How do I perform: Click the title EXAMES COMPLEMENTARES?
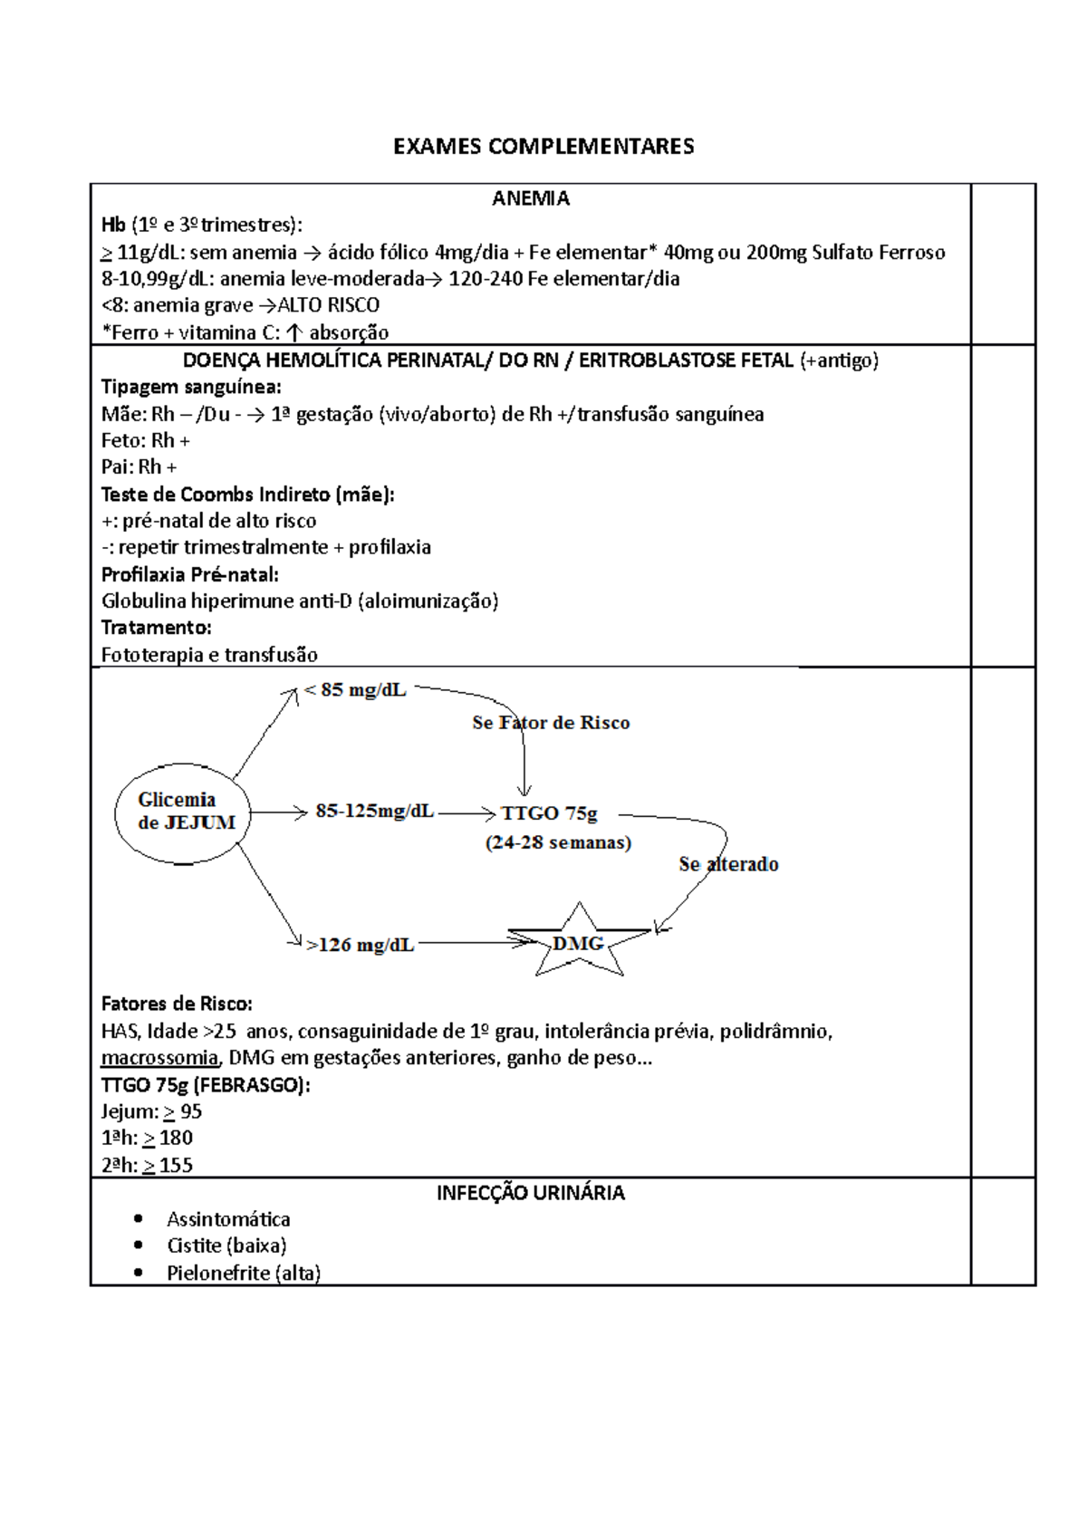[543, 147]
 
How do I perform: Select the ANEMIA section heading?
[531, 198]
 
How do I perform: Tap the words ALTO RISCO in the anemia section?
[328, 305]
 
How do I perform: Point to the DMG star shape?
[579, 943]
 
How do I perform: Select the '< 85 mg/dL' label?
[355, 690]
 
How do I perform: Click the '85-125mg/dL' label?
[374, 811]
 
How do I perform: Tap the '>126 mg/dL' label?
[360, 945]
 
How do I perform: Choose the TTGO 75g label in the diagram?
[549, 813]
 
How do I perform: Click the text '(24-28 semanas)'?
[558, 842]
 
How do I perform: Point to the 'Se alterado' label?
[728, 864]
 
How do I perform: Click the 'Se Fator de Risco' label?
[551, 723]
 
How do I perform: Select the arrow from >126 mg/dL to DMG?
[476, 943]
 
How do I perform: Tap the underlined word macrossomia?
[159, 1058]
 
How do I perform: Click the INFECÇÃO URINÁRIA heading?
[531, 1193]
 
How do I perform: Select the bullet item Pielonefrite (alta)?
[244, 1273]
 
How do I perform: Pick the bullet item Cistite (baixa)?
[226, 1245]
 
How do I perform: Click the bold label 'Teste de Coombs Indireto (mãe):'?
[247, 495]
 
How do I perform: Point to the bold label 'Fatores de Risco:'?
[177, 1004]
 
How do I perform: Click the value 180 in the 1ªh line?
[176, 1139]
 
